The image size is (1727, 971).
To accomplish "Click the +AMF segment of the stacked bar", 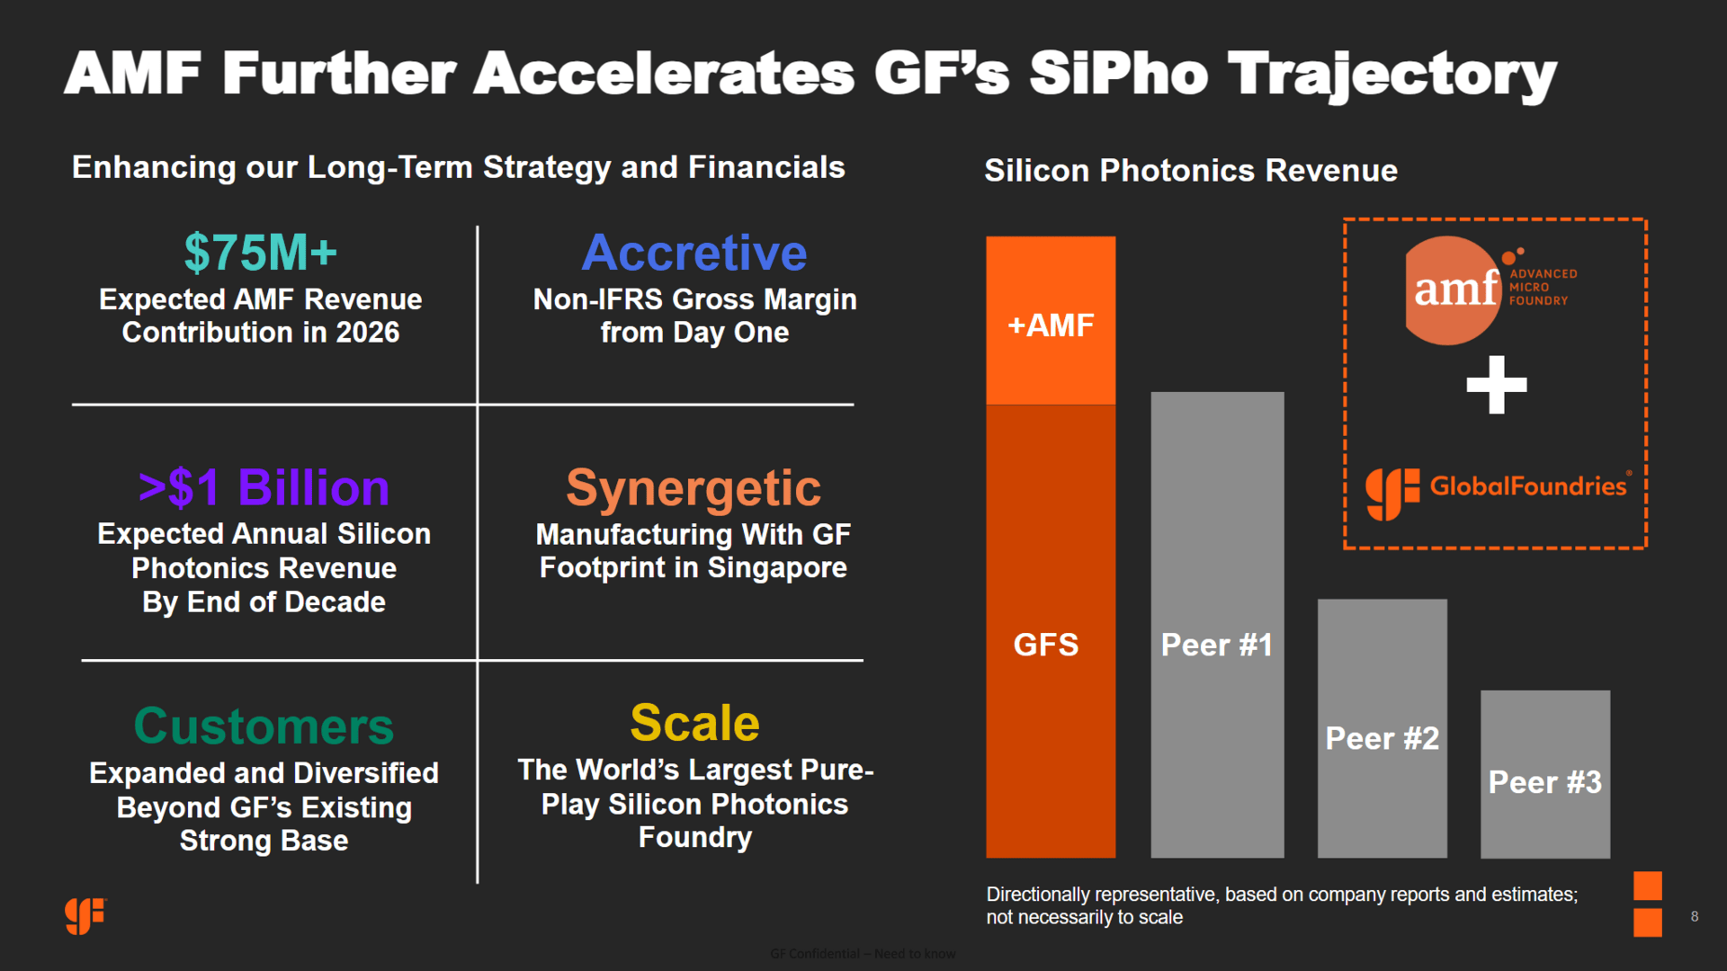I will (1051, 321).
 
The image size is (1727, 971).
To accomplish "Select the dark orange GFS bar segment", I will (1051, 629).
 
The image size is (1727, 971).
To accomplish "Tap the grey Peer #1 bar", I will (1217, 625).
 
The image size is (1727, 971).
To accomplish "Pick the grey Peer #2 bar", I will (1382, 728).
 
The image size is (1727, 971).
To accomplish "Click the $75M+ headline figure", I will (261, 253).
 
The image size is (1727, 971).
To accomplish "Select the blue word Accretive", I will (694, 253).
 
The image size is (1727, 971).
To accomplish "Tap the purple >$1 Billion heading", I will (264, 488).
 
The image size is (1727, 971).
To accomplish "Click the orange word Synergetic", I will (693, 488).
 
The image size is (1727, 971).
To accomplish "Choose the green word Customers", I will (264, 726).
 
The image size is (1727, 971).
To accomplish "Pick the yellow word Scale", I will (694, 723).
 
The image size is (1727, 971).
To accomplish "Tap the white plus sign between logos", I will (1496, 385).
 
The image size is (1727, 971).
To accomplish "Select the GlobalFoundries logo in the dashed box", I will (1496, 490).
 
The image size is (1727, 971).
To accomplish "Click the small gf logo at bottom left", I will (85, 916).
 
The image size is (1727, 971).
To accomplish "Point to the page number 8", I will (1695, 916).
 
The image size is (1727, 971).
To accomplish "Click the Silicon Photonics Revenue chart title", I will (1190, 171).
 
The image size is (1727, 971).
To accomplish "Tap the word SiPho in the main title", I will (1118, 74).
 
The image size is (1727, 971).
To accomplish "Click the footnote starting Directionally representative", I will (1281, 905).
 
